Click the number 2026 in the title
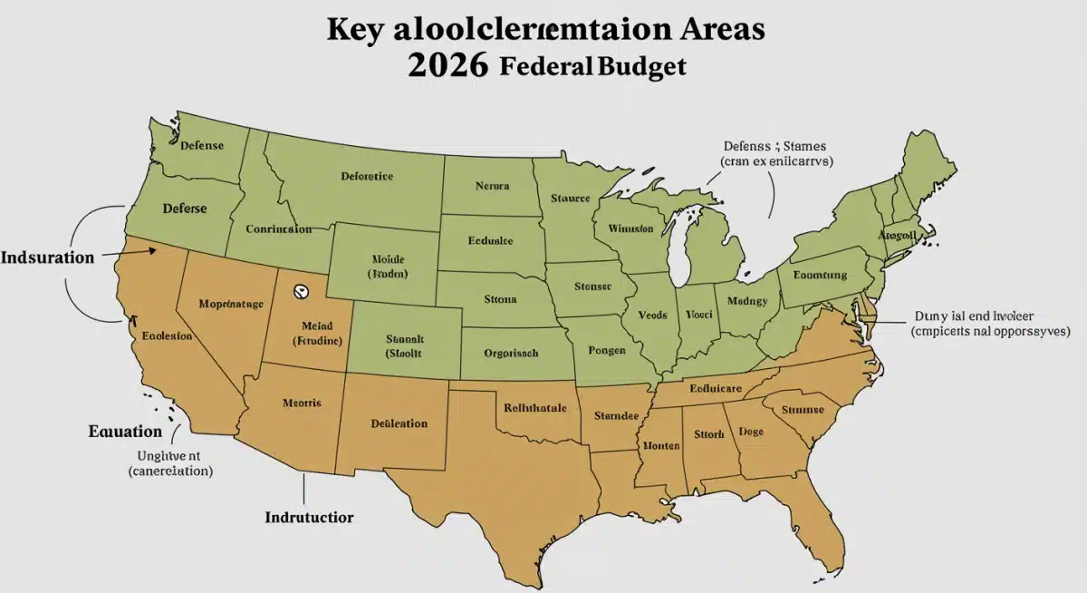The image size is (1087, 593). point(447,66)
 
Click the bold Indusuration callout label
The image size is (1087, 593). point(47,258)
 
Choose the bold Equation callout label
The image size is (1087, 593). point(125,432)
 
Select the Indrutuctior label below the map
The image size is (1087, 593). point(309,518)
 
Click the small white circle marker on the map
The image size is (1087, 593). point(301,292)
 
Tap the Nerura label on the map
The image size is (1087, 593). point(494,186)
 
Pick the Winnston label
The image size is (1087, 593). point(630,228)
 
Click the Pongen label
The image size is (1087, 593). point(607,348)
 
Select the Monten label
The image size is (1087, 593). point(661,445)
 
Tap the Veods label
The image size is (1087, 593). point(652,315)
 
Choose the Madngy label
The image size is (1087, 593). point(747,301)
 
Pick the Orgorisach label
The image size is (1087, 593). point(511,353)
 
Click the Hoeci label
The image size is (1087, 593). point(697,315)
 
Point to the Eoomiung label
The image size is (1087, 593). point(819,275)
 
